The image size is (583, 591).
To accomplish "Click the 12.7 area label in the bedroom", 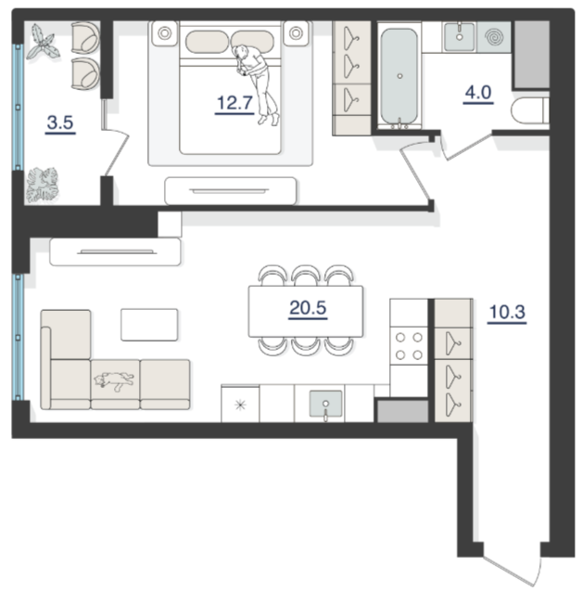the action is tap(234, 103).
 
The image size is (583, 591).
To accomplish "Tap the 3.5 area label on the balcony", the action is tap(60, 122).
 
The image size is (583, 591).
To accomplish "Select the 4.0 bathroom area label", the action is tap(478, 93).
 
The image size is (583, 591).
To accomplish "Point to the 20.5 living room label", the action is tap(308, 308).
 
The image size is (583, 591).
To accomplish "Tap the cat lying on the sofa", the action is tap(114, 380).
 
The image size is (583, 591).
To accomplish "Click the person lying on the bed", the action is tap(256, 84).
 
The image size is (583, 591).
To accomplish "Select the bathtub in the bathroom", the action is tap(399, 76).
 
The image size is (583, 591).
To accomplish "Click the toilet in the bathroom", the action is tap(530, 110).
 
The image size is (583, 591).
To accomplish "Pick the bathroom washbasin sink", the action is tap(460, 36).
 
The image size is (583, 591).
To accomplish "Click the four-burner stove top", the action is tap(409, 346).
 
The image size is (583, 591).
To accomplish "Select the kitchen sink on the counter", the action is tap(325, 404).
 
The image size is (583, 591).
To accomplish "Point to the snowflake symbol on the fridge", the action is tap(240, 405).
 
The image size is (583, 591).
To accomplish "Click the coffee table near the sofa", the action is tap(149, 325).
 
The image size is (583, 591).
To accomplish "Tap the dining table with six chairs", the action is tap(306, 311).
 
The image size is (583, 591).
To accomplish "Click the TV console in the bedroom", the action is tap(231, 191).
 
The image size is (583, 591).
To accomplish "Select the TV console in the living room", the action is tap(115, 251).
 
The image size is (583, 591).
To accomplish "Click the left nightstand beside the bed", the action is tap(165, 33).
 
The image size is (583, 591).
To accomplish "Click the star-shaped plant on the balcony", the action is tap(43, 43).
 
